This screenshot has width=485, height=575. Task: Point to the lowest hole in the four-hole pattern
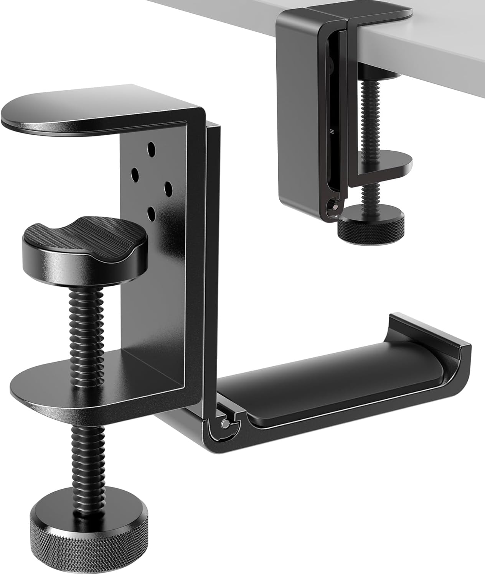152,214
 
